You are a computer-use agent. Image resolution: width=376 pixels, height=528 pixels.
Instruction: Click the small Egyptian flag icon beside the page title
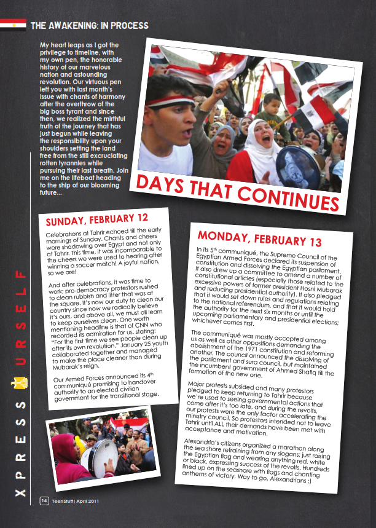click(x=13, y=25)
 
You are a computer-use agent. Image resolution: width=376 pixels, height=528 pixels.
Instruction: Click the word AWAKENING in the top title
click(x=76, y=25)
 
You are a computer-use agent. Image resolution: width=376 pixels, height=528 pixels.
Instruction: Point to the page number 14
click(x=44, y=500)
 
